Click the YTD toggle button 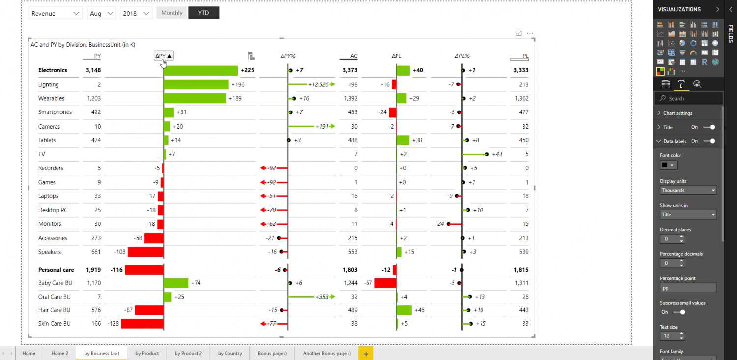click(203, 13)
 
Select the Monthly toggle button click(172, 13)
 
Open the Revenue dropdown click(56, 13)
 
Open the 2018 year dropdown click(136, 13)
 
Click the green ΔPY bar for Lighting click(196, 84)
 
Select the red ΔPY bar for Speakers click(145, 252)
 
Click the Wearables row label click(52, 98)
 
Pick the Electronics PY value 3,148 click(93, 70)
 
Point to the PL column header click(525, 56)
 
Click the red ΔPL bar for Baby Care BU click(385, 283)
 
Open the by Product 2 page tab click(188, 353)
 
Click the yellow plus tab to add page click(366, 353)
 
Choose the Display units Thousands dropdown click(688, 190)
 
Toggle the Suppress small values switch click(680, 312)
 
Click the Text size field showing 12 click(669, 336)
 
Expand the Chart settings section click(678, 113)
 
